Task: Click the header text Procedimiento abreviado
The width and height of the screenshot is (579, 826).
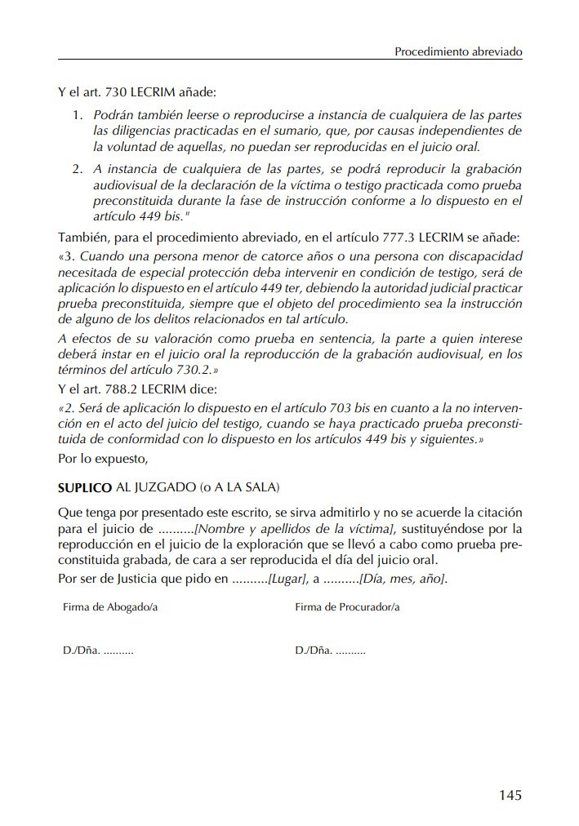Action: [x=458, y=51]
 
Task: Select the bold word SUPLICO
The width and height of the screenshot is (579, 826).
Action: [x=83, y=488]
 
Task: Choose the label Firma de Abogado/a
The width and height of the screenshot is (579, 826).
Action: [x=109, y=607]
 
